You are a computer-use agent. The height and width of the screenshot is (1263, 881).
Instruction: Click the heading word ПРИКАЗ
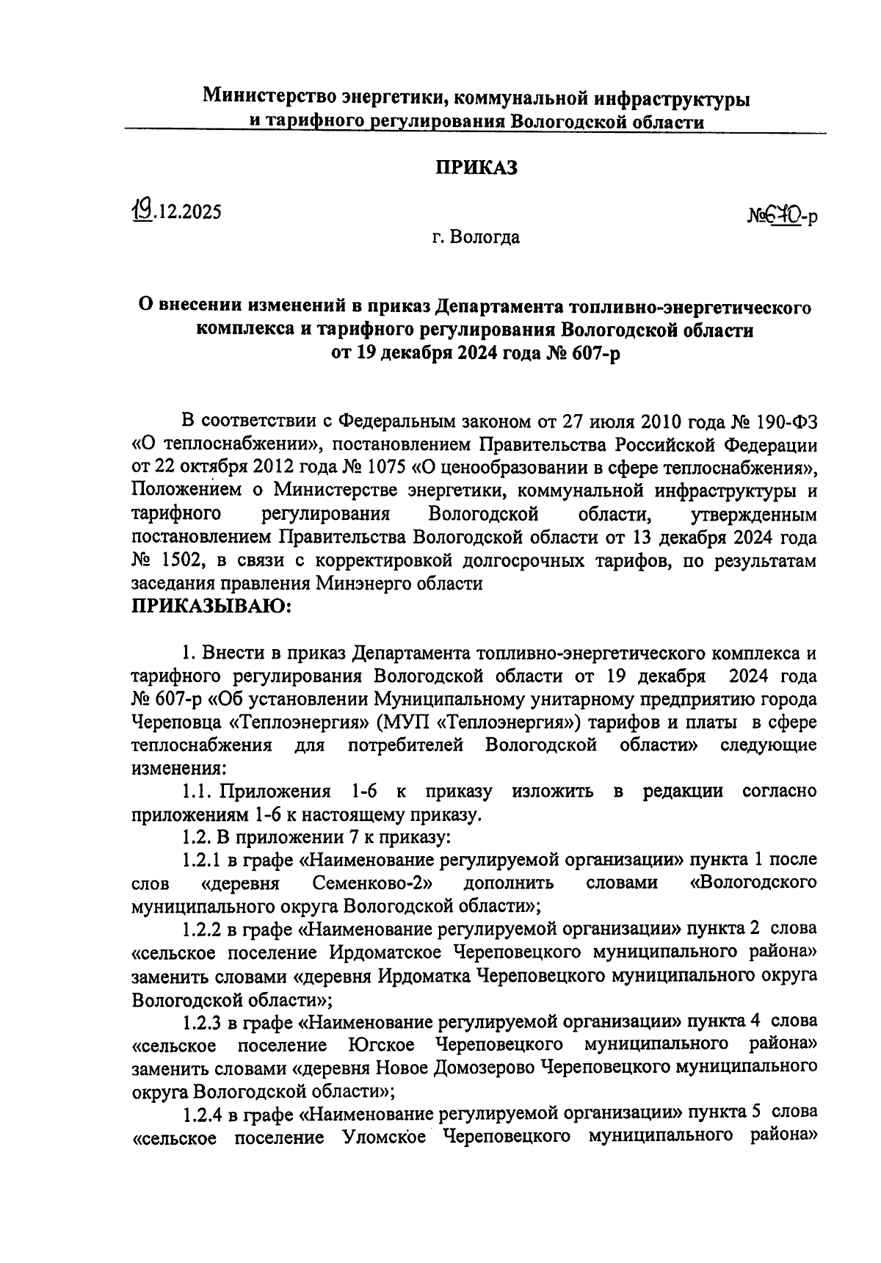tap(477, 167)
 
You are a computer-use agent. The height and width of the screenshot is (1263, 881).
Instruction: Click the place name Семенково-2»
tap(371, 883)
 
